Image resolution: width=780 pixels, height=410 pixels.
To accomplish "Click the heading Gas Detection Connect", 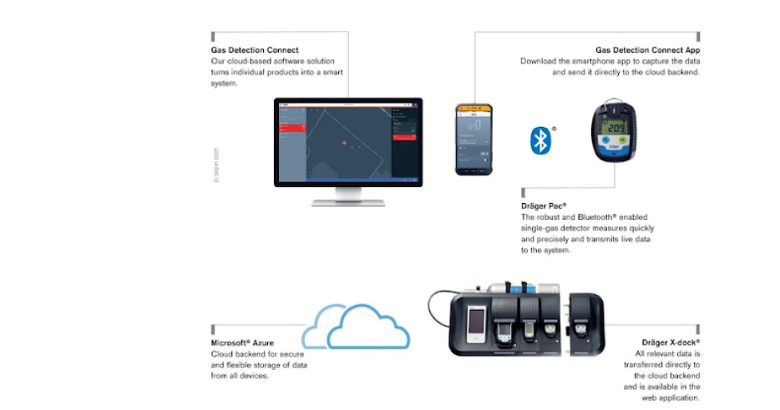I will [x=254, y=50].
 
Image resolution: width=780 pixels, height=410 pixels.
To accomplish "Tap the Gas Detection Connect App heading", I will [x=647, y=50].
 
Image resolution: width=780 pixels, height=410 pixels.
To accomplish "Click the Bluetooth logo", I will [x=540, y=139].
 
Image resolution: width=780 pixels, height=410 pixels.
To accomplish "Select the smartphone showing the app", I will [x=474, y=139].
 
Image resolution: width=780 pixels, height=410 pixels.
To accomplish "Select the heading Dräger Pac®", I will [x=544, y=205].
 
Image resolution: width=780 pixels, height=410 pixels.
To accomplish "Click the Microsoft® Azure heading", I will [x=241, y=343].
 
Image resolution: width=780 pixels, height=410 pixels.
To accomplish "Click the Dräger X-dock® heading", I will [x=670, y=343].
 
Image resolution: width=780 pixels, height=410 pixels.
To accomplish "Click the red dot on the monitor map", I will [x=343, y=142].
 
